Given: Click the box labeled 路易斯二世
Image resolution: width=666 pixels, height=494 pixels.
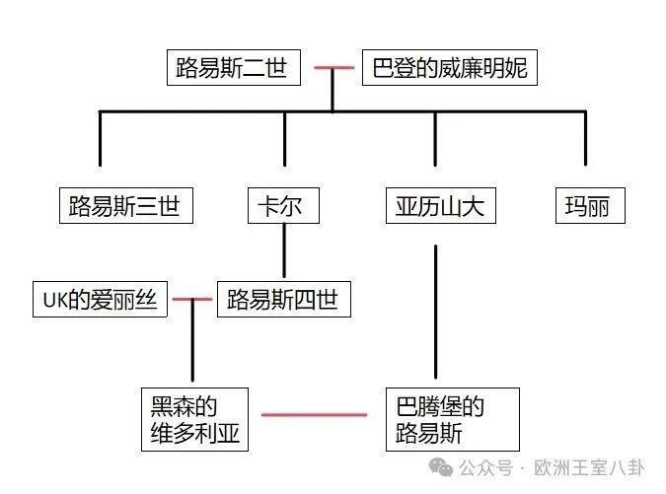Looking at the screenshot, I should click(232, 69).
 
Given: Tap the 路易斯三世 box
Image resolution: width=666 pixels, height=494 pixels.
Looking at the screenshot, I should click(124, 207).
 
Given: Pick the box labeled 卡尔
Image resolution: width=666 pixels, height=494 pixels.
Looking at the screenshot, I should click(283, 207).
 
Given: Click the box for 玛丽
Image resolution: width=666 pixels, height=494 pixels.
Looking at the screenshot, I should click(590, 207).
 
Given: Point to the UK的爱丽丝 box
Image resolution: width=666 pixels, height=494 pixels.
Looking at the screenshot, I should click(99, 299).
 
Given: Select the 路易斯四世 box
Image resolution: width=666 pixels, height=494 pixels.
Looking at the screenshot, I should click(282, 299).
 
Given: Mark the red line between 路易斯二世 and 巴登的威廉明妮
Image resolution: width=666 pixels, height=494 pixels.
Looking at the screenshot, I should click(333, 69).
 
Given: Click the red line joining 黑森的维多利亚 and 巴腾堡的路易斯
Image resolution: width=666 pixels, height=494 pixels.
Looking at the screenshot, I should click(315, 415).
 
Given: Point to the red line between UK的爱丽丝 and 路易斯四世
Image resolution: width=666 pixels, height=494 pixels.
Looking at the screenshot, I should click(192, 299).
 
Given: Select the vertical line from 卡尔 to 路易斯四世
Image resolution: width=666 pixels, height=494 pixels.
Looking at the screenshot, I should click(284, 250).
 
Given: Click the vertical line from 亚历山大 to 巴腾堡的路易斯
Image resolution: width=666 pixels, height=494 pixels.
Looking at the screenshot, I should click(435, 316).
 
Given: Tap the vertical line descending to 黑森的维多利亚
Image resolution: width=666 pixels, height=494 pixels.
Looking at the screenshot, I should click(190, 345).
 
